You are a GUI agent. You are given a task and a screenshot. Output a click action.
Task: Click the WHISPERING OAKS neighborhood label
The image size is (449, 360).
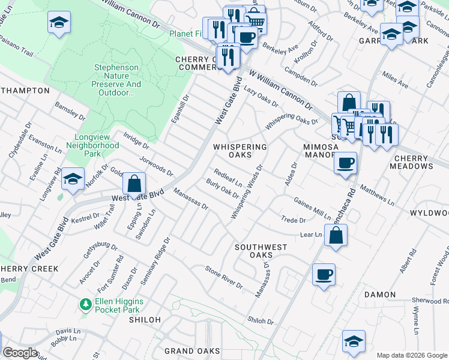(240, 151)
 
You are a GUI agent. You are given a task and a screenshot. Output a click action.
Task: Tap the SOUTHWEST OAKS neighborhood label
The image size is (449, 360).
(261, 251)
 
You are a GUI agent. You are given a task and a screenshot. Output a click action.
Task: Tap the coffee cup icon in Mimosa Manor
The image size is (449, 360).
(345, 163)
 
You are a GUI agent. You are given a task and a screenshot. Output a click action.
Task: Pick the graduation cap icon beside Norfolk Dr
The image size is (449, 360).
(73, 179)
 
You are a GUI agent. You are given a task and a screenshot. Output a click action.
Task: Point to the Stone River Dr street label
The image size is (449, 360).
(224, 277)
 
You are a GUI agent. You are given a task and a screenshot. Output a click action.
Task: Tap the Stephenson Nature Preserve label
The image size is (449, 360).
(117, 80)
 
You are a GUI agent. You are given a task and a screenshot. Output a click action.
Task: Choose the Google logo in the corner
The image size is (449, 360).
(20, 353)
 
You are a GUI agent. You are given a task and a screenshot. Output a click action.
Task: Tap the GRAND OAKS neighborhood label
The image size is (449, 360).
(187, 351)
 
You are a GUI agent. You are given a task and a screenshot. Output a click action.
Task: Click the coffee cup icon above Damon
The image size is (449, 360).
(324, 274)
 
